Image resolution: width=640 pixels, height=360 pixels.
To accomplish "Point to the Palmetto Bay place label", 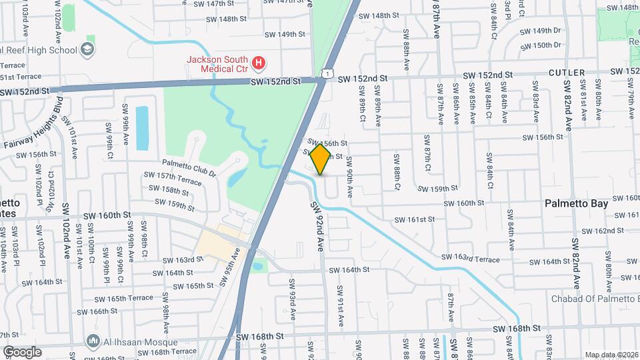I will click(577, 203).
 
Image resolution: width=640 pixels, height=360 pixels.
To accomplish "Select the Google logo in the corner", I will click(22, 352).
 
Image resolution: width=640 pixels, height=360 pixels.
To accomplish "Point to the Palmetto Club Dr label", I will click(189, 167).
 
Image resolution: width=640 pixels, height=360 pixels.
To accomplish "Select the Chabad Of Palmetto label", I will click(594, 299).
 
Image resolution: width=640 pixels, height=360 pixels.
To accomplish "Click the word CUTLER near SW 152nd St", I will click(567, 72).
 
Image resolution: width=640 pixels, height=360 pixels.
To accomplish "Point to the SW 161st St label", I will click(414, 219).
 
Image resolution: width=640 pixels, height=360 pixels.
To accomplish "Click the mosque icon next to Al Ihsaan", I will click(93, 343).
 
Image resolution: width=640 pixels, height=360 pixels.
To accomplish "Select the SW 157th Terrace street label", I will click(172, 179).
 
